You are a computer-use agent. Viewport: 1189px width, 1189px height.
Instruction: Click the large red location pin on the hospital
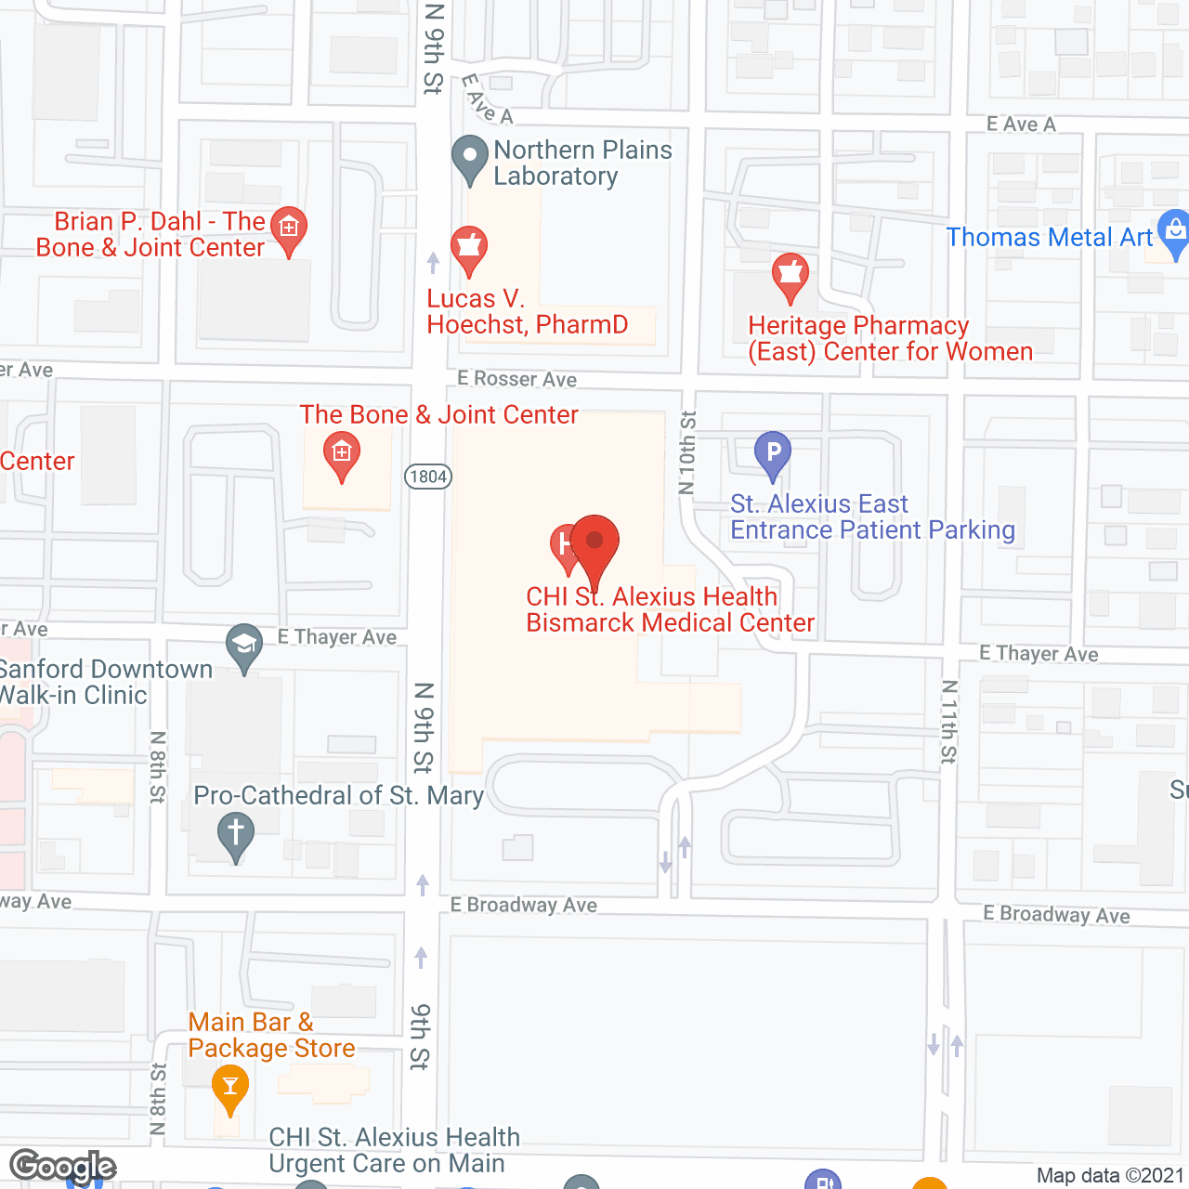coord(594,542)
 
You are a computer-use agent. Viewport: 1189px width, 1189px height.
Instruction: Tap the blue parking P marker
coord(772,454)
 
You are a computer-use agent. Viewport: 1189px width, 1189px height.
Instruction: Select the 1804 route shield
coord(428,477)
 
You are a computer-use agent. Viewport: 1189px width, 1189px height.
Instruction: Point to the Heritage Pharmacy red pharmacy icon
coord(790,275)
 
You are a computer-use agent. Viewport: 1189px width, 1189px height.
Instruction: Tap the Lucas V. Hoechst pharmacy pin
coord(469,248)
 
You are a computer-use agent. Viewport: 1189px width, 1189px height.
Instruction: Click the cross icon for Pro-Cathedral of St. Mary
coord(235,833)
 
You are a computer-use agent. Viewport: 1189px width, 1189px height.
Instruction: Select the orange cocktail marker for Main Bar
coord(229,1086)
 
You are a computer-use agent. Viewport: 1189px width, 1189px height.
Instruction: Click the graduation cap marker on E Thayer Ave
coord(244,645)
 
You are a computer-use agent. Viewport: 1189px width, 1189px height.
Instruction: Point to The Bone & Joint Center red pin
coord(342,455)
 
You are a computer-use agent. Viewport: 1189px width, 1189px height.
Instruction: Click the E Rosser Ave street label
coord(516,378)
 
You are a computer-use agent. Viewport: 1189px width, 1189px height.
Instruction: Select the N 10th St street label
coord(686,452)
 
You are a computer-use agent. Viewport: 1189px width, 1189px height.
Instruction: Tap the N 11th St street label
coord(948,722)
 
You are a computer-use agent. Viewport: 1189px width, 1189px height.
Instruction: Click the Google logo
coord(63,1166)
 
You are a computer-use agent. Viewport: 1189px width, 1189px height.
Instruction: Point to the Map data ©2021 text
coord(1109,1175)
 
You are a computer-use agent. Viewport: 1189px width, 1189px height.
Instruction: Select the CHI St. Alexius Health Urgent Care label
coord(394,1150)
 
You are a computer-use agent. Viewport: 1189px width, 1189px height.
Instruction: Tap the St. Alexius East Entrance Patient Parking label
coord(872,516)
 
